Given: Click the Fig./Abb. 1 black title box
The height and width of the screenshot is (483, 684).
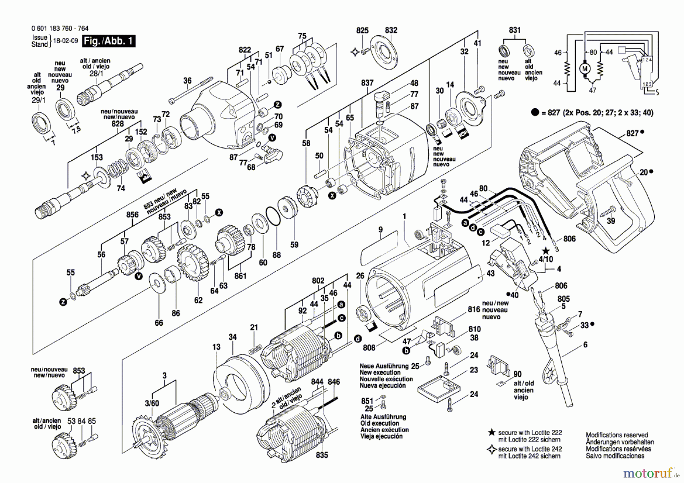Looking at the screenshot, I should point(109,41).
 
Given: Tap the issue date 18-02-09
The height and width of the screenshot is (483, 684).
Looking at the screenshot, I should point(65,41).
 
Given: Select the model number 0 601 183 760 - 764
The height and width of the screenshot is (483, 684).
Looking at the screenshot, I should point(60,29).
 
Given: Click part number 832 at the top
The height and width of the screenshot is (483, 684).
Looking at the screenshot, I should point(391,30).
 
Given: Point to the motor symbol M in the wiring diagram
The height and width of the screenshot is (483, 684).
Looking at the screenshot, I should point(584,69).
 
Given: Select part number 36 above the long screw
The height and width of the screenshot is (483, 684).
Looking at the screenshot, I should point(187,81).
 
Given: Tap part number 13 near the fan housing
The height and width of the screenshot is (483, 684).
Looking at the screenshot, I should point(216,347).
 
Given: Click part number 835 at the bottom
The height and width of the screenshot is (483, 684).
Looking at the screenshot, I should point(322,455).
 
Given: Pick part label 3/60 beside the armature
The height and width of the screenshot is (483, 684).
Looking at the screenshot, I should point(152,403).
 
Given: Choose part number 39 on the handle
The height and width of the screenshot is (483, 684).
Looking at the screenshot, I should point(611,221).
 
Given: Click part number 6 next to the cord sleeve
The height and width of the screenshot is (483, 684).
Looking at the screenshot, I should point(585,345).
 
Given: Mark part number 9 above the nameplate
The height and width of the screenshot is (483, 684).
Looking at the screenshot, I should point(380,230).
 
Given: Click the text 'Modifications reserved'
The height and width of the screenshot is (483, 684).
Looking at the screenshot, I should point(617,435).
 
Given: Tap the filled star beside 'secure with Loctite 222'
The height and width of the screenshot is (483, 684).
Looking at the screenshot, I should point(491,432).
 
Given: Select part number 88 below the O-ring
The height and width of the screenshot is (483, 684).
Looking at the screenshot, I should point(277,255).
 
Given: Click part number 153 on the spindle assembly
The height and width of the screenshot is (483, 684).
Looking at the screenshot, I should point(97,157).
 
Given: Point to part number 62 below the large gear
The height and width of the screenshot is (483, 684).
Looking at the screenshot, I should point(198,300).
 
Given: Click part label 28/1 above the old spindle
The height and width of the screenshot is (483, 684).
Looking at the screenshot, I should point(96,73).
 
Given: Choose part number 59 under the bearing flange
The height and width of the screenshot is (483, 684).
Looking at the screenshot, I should point(294,245).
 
